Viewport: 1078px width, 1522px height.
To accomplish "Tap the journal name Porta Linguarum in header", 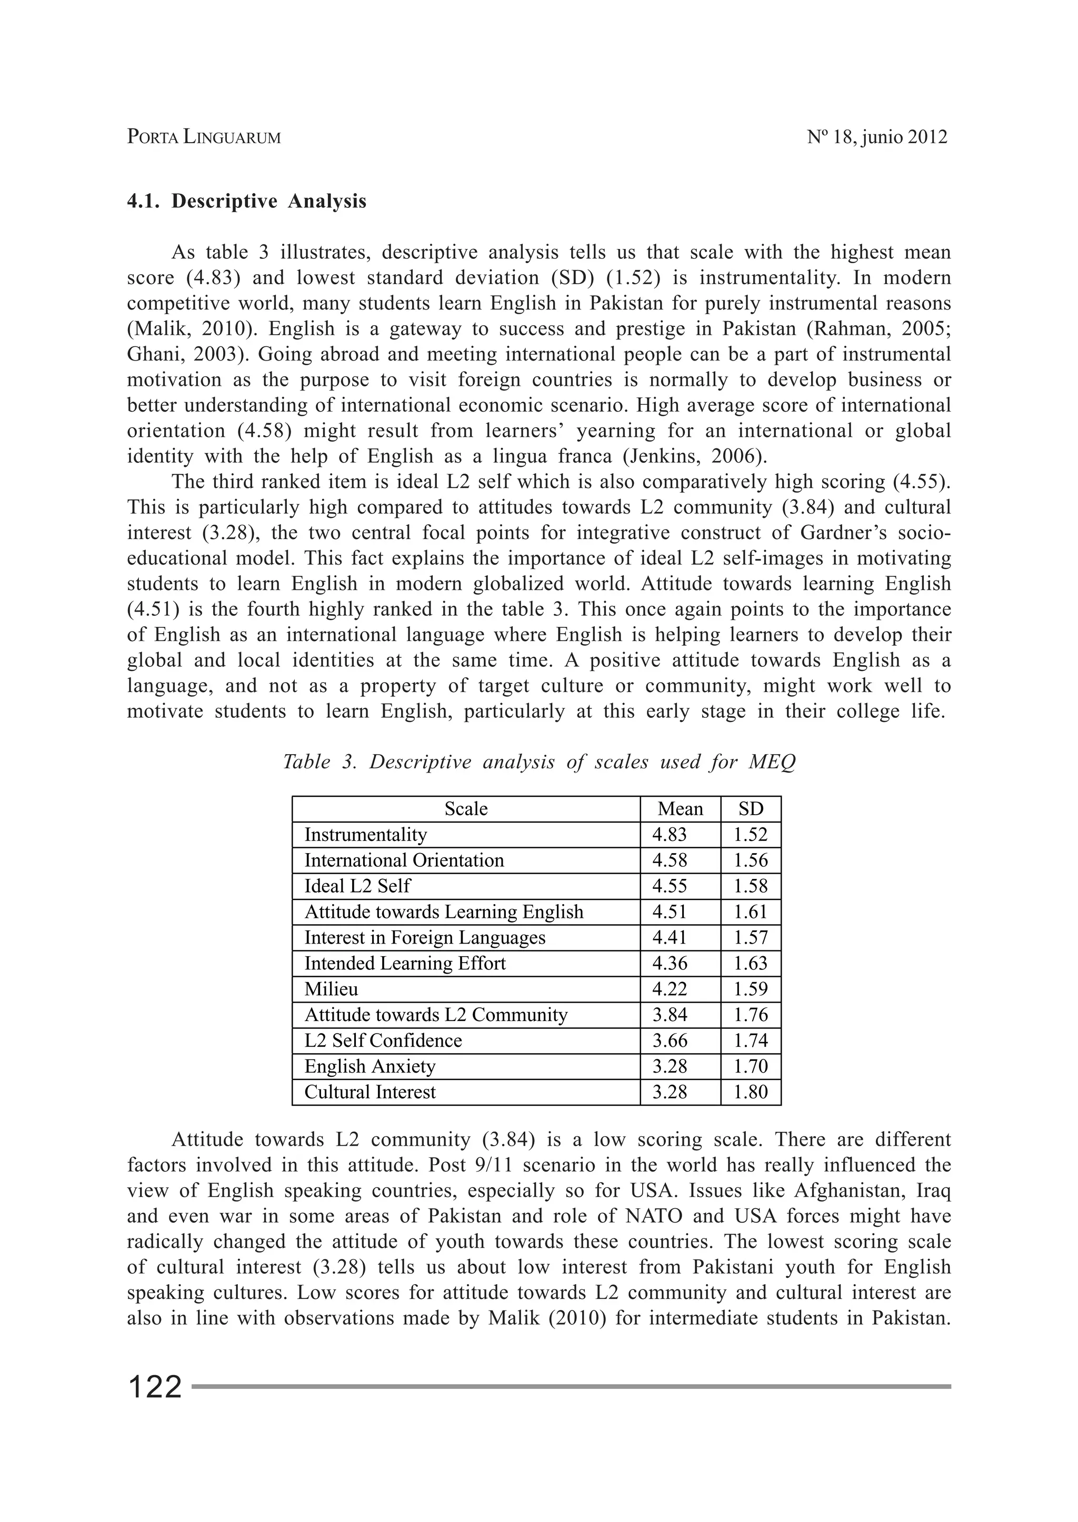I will tap(204, 137).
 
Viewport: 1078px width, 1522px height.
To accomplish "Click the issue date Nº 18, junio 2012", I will tap(877, 137).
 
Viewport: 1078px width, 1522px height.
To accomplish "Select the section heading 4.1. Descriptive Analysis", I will tap(246, 201).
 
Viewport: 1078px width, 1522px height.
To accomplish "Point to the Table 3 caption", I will tap(538, 762).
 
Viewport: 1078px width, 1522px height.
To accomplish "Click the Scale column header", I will tap(465, 808).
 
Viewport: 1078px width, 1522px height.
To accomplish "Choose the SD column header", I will tap(750, 808).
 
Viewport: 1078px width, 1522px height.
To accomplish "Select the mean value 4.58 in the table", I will tap(669, 860).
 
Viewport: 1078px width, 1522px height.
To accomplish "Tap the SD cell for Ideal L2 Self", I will tap(750, 886).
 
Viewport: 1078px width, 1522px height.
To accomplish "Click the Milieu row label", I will tap(331, 989).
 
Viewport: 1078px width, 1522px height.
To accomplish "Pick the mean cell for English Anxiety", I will tap(669, 1066).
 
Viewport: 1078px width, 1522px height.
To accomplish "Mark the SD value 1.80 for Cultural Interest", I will tap(750, 1092).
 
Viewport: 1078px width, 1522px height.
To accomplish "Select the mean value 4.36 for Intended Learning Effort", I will tap(669, 963).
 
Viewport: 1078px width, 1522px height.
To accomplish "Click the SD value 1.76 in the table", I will tap(750, 1014).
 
